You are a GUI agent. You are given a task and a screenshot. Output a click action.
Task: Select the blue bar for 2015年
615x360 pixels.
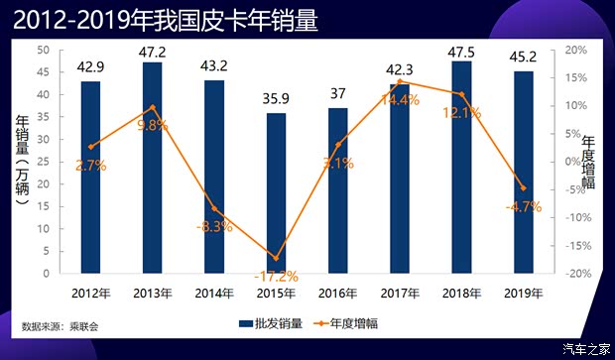276,193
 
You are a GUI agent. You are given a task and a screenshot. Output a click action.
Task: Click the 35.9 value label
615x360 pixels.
276,99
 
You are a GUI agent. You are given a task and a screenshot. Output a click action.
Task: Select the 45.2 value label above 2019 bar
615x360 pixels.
522,58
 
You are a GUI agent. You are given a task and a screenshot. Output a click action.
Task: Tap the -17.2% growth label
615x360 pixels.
275,277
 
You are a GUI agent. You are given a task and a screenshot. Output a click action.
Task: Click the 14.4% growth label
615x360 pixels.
399,100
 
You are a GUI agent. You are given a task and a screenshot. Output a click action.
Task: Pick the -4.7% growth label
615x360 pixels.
523,207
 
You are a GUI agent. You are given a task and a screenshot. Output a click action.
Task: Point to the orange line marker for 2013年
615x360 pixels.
152,107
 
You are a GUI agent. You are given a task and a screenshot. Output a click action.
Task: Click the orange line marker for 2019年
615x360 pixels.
523,188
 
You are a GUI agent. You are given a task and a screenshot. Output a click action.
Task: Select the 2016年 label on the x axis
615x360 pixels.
337,294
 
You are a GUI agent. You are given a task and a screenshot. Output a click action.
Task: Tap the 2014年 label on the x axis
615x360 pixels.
213,294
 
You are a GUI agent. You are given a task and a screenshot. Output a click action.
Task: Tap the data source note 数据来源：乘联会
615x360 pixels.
61,325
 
